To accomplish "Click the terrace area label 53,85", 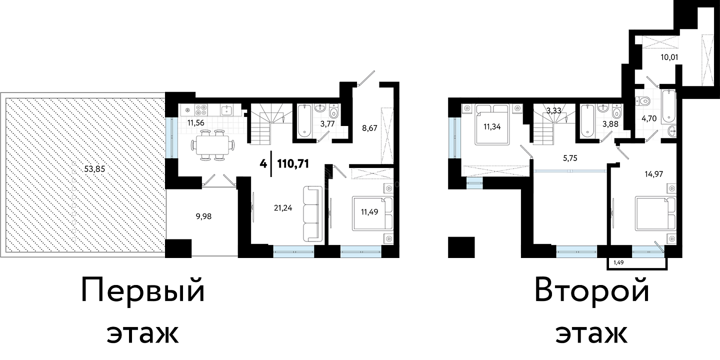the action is (x=94, y=169).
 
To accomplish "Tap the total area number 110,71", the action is (x=293, y=164).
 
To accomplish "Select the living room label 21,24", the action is (x=283, y=208).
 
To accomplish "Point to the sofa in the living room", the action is (x=313, y=214).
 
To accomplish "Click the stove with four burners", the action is (x=201, y=110).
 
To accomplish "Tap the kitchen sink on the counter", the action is (x=227, y=110).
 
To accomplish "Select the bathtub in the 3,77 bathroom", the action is (x=304, y=120).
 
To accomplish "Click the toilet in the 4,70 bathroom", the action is (x=643, y=101).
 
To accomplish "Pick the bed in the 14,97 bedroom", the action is (x=655, y=214).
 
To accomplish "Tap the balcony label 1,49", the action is (x=618, y=262).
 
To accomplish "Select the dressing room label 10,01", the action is (x=669, y=66).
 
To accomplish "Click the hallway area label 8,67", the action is (x=369, y=128).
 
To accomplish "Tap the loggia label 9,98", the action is (x=204, y=216).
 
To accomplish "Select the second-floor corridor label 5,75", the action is (x=570, y=158).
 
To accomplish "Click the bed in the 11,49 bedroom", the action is (x=373, y=214).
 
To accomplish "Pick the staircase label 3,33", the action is (x=554, y=111).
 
